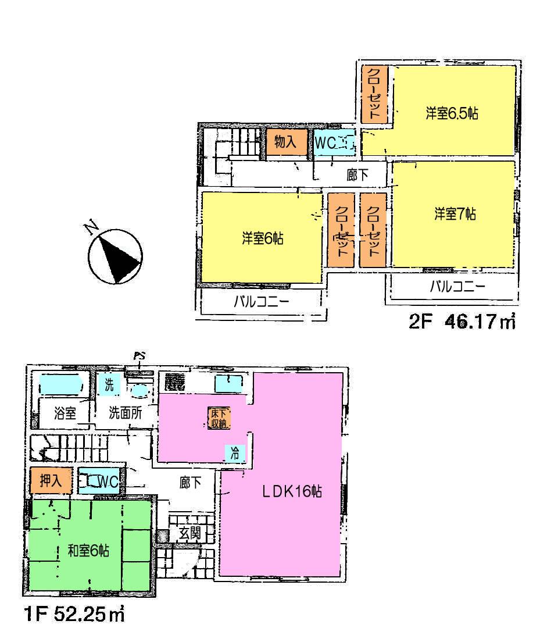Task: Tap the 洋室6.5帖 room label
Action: pos(452,114)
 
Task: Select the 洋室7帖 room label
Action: pos(455,214)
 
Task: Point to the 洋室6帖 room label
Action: pos(262,238)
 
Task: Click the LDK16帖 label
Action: pos(291,491)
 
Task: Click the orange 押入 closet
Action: pos(51,481)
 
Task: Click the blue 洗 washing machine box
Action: pos(108,385)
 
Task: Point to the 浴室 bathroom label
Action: pos(65,413)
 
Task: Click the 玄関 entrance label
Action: pos(189,531)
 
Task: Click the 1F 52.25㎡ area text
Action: pos(74,614)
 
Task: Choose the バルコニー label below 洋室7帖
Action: pos(457,287)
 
